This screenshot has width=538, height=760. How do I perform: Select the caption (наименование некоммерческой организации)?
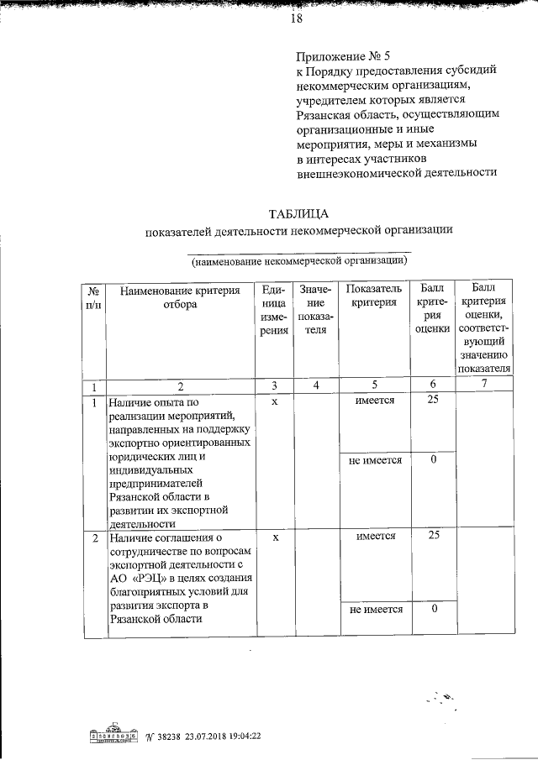coord(298,261)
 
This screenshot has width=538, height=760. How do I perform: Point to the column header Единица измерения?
coord(274,311)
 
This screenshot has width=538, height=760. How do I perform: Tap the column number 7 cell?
coord(483,385)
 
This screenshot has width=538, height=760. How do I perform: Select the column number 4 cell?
coord(315,385)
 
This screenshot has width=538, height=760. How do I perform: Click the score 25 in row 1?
coord(432,401)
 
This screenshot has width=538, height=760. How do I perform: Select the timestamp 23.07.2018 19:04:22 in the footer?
coord(220,736)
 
